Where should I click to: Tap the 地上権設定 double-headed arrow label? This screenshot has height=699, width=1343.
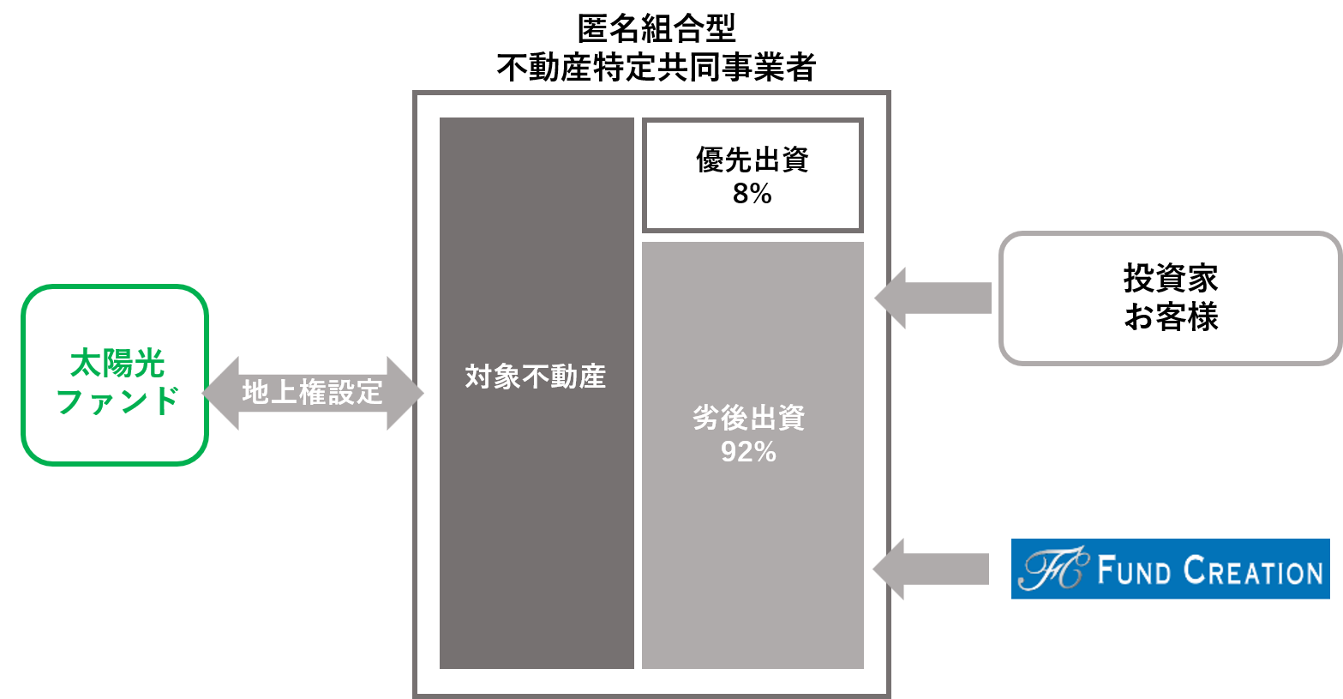click(312, 393)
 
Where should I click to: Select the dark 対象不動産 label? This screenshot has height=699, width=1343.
click(536, 377)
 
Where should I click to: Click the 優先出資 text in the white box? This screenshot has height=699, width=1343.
click(752, 160)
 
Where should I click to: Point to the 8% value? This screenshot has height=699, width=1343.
click(752, 194)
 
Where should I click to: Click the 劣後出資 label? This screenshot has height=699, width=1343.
click(749, 418)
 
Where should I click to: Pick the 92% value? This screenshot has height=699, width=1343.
click(748, 452)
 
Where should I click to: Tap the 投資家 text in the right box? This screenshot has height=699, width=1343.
click(1171, 279)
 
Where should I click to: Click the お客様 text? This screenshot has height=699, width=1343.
click(1171, 316)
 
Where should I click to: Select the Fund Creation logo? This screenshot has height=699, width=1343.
click(1171, 569)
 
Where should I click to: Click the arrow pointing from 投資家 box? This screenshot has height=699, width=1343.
click(933, 298)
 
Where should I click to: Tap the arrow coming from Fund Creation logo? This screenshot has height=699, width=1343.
click(931, 569)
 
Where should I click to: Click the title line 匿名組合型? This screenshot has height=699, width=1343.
click(656, 29)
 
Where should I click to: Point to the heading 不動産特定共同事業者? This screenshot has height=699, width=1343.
click(656, 67)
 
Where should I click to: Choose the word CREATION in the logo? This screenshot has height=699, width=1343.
click(1253, 570)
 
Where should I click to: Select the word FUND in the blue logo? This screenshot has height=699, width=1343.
click(1134, 570)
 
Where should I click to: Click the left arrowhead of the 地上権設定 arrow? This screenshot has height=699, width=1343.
click(220, 393)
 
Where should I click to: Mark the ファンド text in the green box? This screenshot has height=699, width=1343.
click(117, 401)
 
